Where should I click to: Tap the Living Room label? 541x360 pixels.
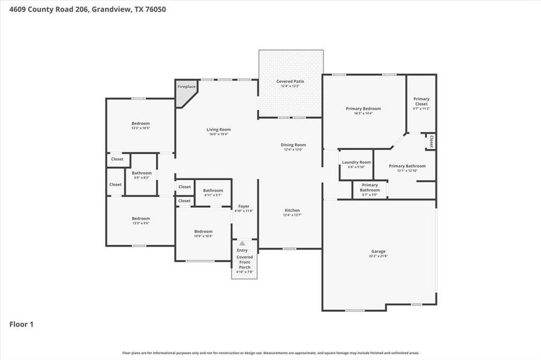[x=219, y=130]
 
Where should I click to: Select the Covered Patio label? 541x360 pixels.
[x=290, y=82]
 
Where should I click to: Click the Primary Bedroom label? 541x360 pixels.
[x=363, y=109]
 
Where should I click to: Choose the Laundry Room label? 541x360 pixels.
[x=356, y=163]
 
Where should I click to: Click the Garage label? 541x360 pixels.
[x=378, y=251]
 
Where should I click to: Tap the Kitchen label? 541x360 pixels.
[x=292, y=211]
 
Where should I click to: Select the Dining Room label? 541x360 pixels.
[x=293, y=145]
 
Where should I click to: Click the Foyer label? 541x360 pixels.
[x=243, y=206]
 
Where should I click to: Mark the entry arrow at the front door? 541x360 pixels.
[x=242, y=244]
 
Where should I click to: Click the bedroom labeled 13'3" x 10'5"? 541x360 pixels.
[x=141, y=124]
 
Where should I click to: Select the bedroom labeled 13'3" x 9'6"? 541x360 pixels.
[x=141, y=218]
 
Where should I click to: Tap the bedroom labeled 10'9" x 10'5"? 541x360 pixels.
[x=203, y=232]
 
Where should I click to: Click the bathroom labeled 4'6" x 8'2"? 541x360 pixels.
[x=142, y=173]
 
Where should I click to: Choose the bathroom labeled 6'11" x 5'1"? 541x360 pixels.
[x=213, y=191]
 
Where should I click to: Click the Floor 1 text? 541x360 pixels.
[x=22, y=325]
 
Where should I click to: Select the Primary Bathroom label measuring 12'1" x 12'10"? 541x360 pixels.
[x=407, y=166]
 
